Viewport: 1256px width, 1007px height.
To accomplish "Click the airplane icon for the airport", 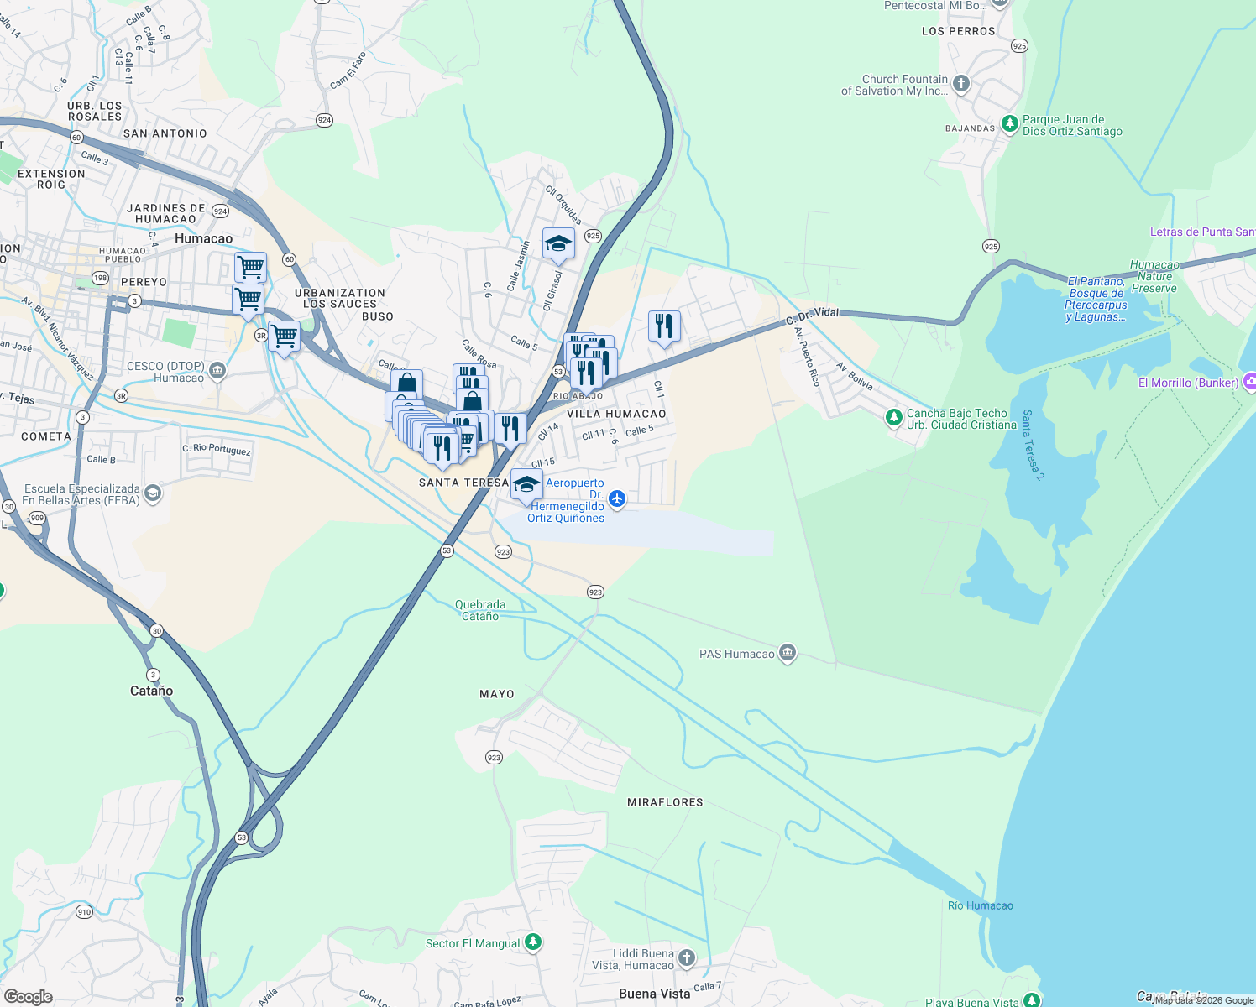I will (617, 499).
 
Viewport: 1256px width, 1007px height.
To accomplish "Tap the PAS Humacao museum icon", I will (787, 653).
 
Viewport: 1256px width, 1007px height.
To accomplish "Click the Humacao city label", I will (203, 239).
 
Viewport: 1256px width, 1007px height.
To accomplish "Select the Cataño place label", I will (151, 691).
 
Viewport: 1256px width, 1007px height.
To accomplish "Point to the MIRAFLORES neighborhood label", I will (665, 802).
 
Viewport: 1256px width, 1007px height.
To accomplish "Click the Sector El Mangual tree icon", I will (532, 942).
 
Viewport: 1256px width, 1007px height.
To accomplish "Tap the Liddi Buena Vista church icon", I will (687, 957).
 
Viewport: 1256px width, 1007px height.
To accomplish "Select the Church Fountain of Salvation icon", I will (961, 83).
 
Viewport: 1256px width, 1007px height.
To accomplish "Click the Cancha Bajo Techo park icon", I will (894, 417).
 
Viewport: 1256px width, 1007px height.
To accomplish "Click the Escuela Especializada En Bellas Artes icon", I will (153, 493).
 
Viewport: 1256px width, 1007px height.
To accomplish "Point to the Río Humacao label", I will (980, 905).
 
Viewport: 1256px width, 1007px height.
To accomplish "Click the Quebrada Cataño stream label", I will (480, 610).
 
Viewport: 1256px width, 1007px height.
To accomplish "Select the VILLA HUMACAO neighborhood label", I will (616, 414).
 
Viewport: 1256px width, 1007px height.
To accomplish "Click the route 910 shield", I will (84, 911).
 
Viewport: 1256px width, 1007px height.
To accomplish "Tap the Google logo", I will (29, 996).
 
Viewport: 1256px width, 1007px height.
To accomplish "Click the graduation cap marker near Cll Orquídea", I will (558, 245).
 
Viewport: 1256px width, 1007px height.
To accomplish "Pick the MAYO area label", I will (496, 694).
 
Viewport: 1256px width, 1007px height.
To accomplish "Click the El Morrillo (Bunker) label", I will (1188, 383).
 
